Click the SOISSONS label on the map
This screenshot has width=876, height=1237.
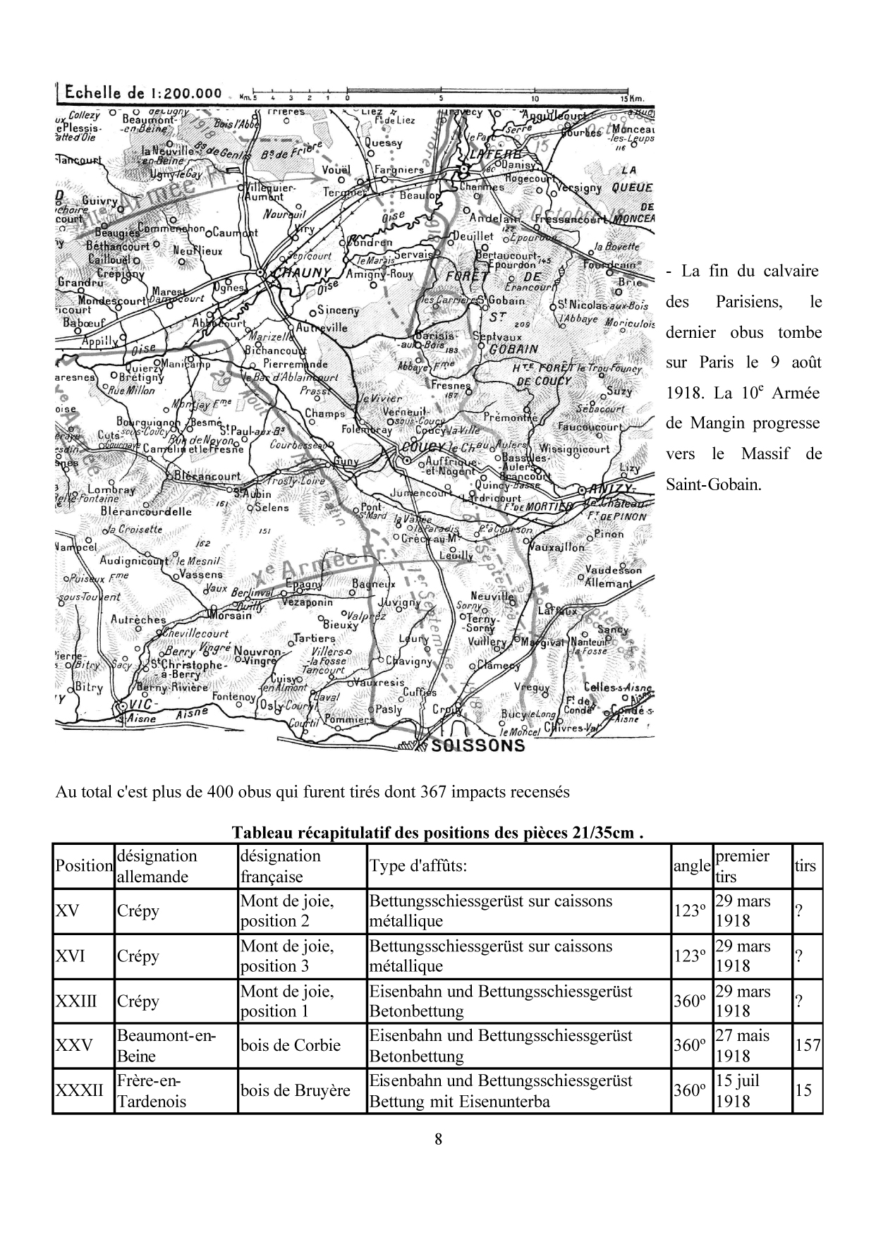tap(477, 745)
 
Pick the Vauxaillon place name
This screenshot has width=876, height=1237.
tap(556, 547)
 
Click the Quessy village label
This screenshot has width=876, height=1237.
tap(384, 142)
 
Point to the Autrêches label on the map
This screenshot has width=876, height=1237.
tap(138, 619)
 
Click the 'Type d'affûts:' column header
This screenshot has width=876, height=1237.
tap(418, 865)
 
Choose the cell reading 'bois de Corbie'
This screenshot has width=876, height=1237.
tap(291, 1045)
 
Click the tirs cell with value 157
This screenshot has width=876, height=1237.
tap(808, 1045)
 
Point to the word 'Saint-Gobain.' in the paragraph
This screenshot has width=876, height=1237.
tap(714, 485)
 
